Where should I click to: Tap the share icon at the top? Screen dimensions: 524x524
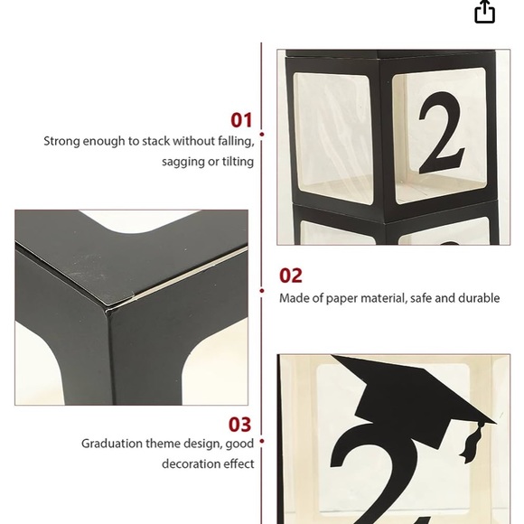click(485, 12)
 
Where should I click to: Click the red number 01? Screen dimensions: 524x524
click(241, 120)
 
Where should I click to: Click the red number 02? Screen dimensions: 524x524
click(291, 276)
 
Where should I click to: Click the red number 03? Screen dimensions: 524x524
click(239, 425)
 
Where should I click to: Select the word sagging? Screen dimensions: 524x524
click(183, 162)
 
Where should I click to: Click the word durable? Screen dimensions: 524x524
click(479, 298)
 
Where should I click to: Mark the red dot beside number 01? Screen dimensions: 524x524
click(262, 135)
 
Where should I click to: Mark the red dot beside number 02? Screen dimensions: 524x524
click(262, 291)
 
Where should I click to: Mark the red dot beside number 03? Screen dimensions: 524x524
click(262, 442)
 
